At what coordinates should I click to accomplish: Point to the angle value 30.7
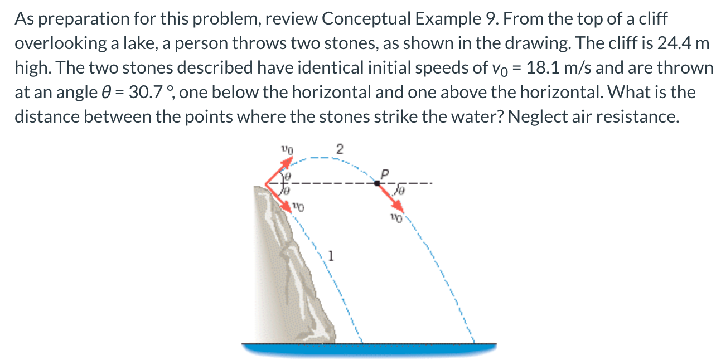point(148,92)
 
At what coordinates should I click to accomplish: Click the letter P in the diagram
point(384,173)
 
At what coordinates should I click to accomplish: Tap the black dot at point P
point(377,183)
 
